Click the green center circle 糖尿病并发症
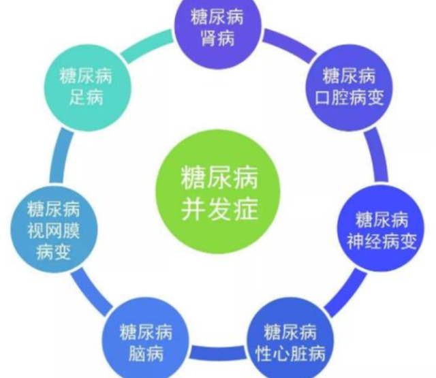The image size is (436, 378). [217, 192]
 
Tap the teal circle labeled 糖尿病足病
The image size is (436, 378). [87, 88]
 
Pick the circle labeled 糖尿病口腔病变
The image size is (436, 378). [349, 88]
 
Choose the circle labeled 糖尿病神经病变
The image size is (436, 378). [381, 228]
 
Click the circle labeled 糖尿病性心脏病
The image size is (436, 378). [290, 341]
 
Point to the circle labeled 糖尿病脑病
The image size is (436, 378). [146, 341]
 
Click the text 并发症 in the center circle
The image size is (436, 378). [219, 210]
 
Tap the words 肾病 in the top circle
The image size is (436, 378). [218, 38]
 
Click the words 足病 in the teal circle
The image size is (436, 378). [87, 97]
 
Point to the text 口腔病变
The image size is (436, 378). [349, 97]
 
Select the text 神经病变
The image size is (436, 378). [381, 241]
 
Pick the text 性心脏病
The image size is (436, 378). [290, 353]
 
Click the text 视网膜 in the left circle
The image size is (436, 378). [53, 231]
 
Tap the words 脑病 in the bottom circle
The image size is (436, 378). [146, 353]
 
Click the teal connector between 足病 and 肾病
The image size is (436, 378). [147, 46]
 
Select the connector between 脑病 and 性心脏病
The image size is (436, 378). [218, 352]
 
